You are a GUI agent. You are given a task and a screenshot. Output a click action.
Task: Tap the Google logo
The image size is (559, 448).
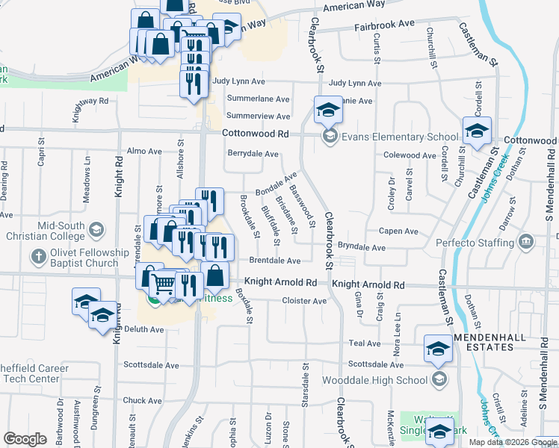click(x=25, y=438)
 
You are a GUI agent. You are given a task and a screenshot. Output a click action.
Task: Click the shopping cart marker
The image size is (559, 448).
click(x=163, y=282)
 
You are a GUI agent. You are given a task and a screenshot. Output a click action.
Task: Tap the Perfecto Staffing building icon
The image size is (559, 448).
click(x=526, y=242)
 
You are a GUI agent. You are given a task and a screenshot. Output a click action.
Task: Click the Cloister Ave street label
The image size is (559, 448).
click(x=304, y=301)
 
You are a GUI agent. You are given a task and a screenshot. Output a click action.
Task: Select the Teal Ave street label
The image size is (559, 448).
click(x=364, y=343)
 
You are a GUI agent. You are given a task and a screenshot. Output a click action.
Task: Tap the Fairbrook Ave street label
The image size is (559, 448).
click(x=385, y=24)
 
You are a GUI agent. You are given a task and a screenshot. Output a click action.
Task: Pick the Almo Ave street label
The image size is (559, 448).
click(x=144, y=151)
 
